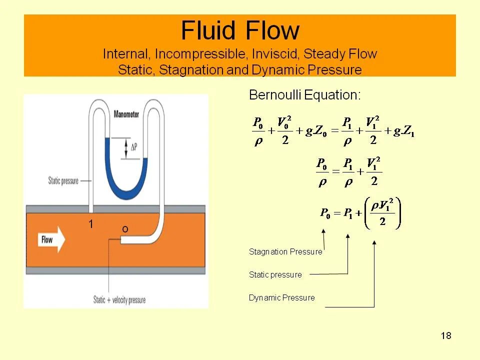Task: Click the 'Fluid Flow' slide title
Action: coord(240,31)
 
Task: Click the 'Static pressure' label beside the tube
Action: coord(63,181)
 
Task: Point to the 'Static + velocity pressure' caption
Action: coord(119,300)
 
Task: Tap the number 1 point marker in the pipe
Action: coord(91,224)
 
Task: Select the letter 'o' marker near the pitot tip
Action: coord(125,229)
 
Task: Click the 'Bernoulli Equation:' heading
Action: coord(304,94)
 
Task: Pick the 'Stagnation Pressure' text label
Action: coord(285,251)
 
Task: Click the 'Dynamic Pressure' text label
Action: coord(281,298)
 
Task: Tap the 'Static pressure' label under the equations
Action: coord(275,274)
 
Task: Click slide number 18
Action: coord(446,335)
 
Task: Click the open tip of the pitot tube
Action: coord(122,240)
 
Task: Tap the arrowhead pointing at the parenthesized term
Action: coord(374,243)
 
